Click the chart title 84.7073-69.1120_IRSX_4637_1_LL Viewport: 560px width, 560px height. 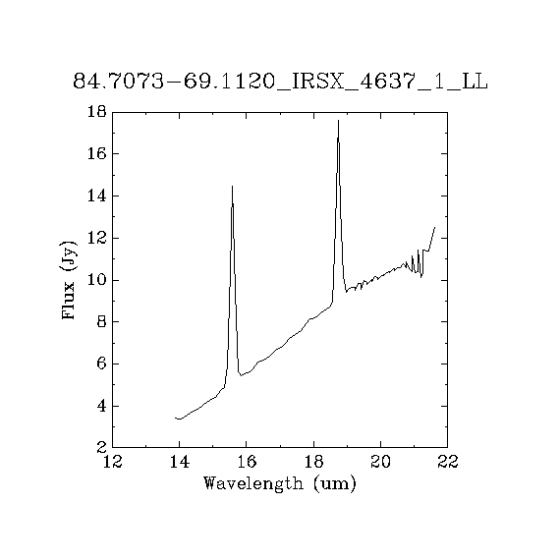(x=280, y=82)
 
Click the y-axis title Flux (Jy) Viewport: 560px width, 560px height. (x=68, y=280)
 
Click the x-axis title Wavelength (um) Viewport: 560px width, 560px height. (x=280, y=484)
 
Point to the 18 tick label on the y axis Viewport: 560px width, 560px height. (x=97, y=112)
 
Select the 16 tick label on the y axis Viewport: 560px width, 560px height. (x=97, y=154)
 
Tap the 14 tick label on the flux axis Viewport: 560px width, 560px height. (x=97, y=196)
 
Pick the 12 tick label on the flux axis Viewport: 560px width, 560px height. (x=97, y=238)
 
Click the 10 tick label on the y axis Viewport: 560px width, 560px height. (x=97, y=280)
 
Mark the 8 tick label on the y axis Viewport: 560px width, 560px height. (x=102, y=322)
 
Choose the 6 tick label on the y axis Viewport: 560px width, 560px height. (x=102, y=364)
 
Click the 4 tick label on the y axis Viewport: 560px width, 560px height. (x=102, y=406)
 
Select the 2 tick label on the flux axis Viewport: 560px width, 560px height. (x=102, y=447)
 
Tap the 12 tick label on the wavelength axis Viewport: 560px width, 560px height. (x=113, y=462)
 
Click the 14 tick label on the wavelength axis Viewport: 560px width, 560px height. (x=179, y=462)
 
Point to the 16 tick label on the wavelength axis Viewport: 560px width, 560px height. (x=247, y=462)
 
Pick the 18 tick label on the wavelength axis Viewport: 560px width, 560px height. (x=313, y=462)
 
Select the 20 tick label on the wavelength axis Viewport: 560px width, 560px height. (x=381, y=462)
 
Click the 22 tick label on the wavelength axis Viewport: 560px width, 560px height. (x=448, y=462)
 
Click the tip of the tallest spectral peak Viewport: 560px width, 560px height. (x=338, y=121)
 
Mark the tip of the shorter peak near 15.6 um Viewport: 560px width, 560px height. (x=232, y=186)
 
